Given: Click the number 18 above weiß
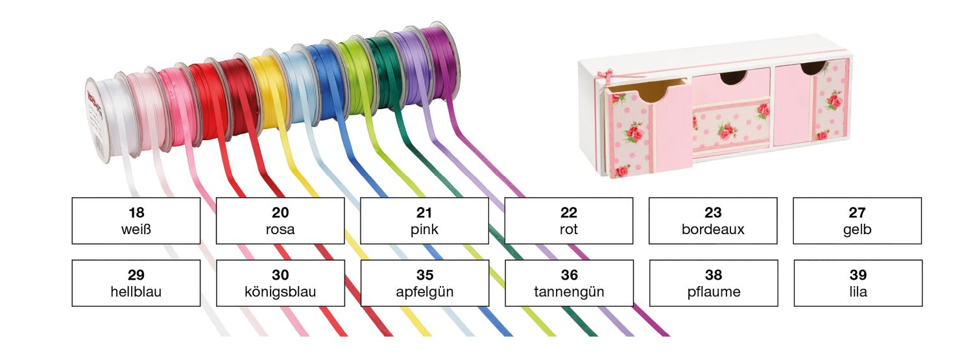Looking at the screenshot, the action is tap(136, 212).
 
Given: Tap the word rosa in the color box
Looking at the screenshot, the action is tap(280, 229).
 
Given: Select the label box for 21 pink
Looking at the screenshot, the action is tap(424, 221).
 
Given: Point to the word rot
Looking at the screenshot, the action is tap(569, 229).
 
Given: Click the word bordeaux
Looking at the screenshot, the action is tap(713, 229).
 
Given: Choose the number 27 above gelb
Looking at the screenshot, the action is tap(857, 212).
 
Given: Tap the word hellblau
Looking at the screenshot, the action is tap(136, 291).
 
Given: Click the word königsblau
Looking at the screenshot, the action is tap(280, 292).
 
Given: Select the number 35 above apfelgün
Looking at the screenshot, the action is tap(425, 275).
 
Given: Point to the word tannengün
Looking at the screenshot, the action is tap(569, 292).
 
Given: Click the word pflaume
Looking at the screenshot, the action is tap(714, 292).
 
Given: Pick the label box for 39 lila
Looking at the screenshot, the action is tap(858, 283).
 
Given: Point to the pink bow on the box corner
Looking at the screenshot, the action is tap(604, 78).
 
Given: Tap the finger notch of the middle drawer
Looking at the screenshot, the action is tap(733, 78).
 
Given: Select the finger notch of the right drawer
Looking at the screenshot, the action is tap(813, 68).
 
